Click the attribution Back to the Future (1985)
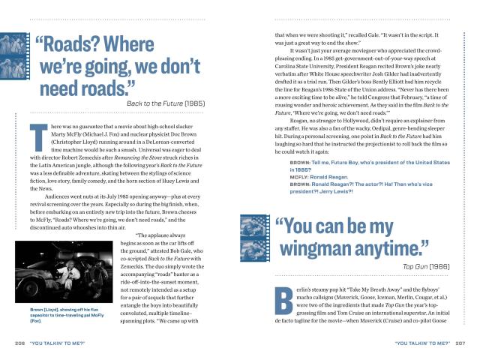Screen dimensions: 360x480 click(x=164, y=102)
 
